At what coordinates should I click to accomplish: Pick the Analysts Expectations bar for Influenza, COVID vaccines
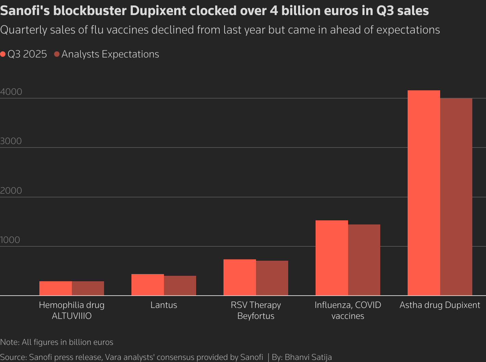point(364,260)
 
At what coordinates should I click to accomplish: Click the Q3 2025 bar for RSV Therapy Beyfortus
point(240,277)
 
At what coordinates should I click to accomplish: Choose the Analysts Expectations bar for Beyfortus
point(272,278)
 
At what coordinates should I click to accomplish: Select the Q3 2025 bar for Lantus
point(148,285)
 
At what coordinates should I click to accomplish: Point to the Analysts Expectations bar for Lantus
point(180,285)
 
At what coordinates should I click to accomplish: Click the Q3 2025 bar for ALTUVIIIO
point(55,288)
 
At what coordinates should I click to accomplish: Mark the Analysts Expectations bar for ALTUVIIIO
point(88,288)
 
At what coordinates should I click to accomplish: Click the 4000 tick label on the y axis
point(11,92)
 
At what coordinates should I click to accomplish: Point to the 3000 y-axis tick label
point(11,141)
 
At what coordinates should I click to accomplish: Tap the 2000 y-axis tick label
point(11,191)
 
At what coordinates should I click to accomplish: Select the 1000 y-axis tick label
point(10,240)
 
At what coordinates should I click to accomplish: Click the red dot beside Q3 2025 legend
point(3,54)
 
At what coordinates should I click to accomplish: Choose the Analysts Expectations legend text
point(110,54)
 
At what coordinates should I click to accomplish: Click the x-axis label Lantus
point(164,305)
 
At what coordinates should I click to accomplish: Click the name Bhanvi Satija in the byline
point(308,357)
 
